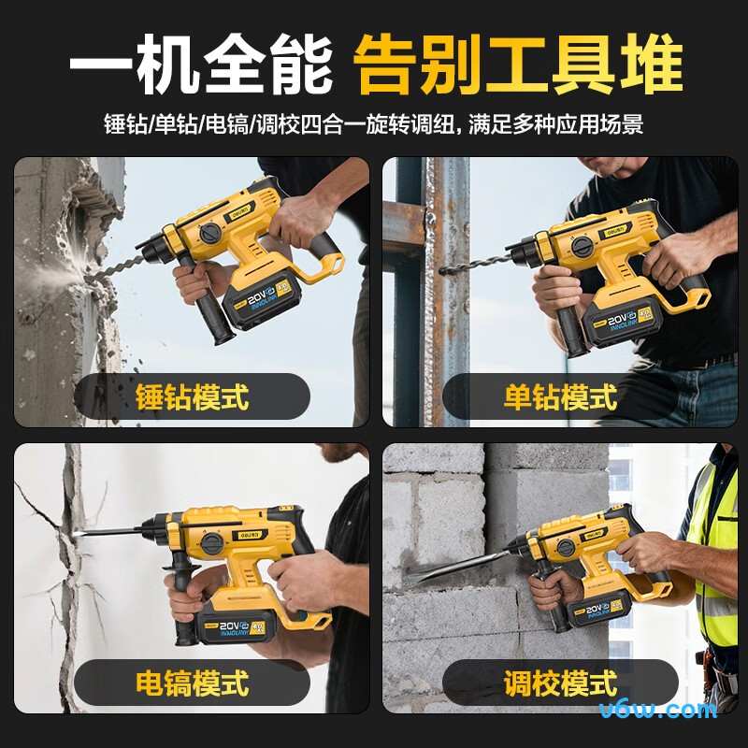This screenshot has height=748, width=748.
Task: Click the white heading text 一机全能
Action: (x=200, y=63)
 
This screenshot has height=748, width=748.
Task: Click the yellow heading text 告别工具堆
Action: (x=518, y=63)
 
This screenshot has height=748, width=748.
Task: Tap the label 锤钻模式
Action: (x=193, y=396)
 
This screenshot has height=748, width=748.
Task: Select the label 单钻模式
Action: (x=560, y=396)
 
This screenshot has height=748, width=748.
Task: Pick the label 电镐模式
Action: (x=193, y=683)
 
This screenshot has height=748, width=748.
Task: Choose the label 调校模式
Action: (x=560, y=683)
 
